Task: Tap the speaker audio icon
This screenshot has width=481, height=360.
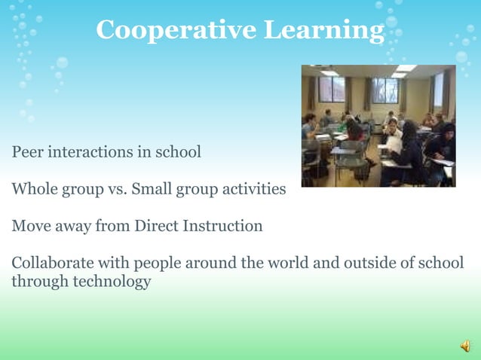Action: click(x=465, y=346)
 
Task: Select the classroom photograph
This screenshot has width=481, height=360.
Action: click(x=378, y=126)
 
